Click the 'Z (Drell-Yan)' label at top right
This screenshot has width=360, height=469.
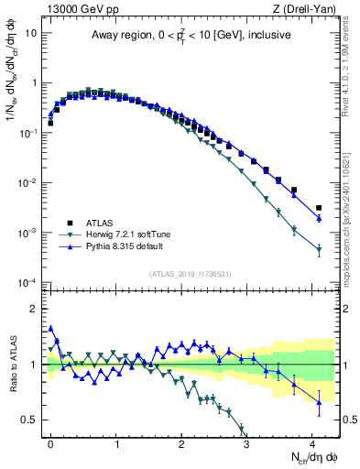(x=303, y=10)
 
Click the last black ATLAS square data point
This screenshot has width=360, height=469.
(x=319, y=209)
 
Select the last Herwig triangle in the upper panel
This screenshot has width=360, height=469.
(x=319, y=249)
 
